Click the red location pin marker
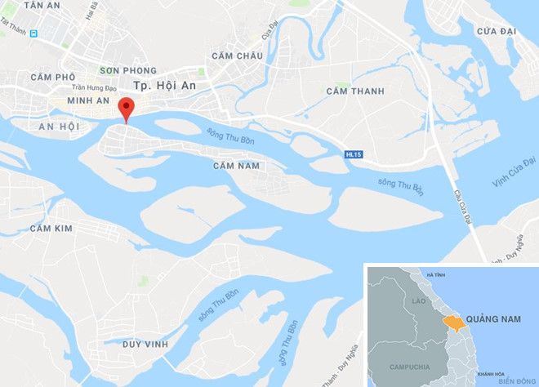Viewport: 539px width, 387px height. point(126,108)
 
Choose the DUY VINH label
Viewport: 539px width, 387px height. point(145,345)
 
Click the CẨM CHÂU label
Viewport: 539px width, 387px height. point(237,56)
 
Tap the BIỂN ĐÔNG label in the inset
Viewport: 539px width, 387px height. point(515,380)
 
